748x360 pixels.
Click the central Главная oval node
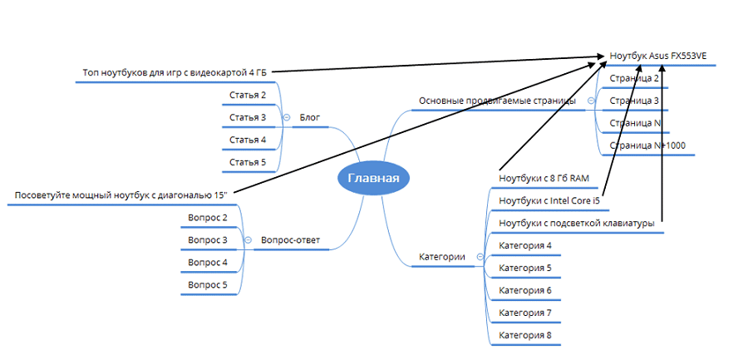point(373,178)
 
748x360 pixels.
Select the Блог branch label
point(309,118)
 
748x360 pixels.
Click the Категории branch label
point(440,257)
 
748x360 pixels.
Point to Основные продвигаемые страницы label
point(497,101)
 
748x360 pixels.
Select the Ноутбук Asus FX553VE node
point(658,56)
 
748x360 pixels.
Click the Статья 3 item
point(248,118)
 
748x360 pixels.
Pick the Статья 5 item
point(248,162)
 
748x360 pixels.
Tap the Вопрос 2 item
point(208,218)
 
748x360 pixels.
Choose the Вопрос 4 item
point(208,263)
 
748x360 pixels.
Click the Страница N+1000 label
point(647,145)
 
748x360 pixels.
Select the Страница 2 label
point(634,78)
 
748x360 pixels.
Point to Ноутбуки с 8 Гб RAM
point(544,179)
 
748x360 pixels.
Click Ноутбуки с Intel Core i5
point(549,201)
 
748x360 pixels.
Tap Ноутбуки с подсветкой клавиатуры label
point(575,224)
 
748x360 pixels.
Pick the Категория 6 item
point(524,291)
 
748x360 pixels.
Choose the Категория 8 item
point(524,336)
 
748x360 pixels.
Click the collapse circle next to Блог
point(287,118)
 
